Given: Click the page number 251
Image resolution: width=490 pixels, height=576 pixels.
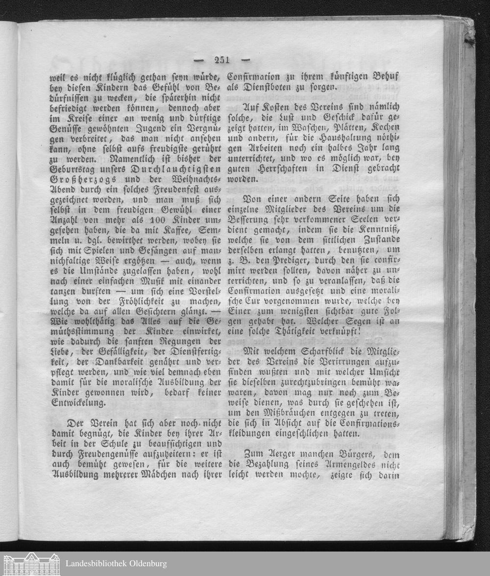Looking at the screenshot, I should coord(222,60).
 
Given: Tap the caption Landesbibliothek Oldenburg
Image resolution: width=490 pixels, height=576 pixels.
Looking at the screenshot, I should coord(116,563).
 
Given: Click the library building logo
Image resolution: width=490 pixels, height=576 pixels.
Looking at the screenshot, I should coord(31,564).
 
